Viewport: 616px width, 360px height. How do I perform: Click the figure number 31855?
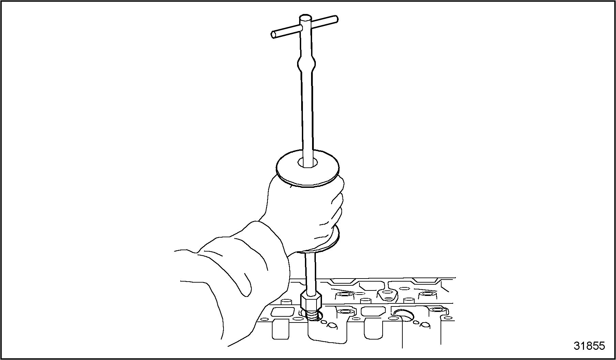click(x=589, y=346)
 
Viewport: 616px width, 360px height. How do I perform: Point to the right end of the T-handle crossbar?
click(x=336, y=18)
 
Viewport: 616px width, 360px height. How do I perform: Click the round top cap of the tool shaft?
click(x=305, y=19)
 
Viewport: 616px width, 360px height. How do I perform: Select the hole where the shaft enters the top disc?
click(x=308, y=163)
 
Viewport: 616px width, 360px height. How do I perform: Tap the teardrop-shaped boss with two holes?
click(x=387, y=295)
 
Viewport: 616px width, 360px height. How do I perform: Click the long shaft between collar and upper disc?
click(x=307, y=116)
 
